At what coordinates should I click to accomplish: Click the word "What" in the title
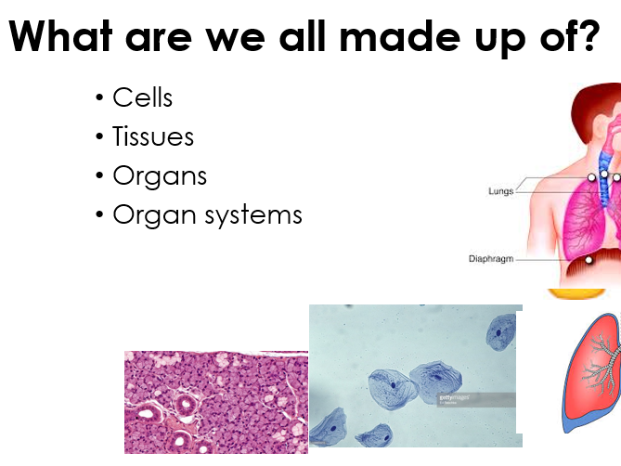coord(60,35)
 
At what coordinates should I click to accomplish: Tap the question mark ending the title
coord(589,35)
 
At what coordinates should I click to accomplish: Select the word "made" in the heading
coord(400,35)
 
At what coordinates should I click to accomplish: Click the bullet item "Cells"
coord(143,97)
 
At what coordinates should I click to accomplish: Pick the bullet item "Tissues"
coord(153,136)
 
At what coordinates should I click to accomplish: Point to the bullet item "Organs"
coord(160,176)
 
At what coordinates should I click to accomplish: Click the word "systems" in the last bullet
coord(253,216)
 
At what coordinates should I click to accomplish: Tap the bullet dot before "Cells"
coord(99,97)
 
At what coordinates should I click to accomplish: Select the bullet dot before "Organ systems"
coord(99,214)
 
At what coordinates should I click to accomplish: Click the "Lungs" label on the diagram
coord(500,191)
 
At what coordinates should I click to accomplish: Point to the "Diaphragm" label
coord(491,259)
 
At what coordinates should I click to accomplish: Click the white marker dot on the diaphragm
coord(589,260)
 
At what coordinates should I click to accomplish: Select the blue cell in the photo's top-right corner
coord(500,332)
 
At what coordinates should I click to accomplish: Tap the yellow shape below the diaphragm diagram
coord(576,293)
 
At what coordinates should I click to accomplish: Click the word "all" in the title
coord(303,35)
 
